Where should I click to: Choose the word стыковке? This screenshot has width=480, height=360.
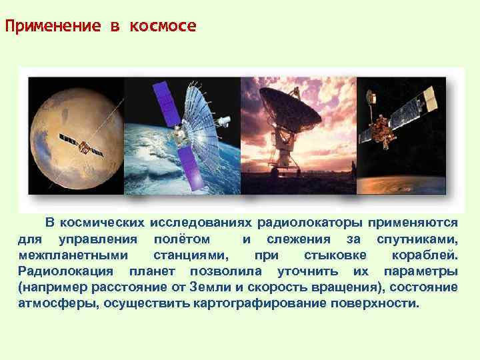click(335, 255)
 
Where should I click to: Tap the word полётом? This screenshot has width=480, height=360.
click(181, 239)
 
